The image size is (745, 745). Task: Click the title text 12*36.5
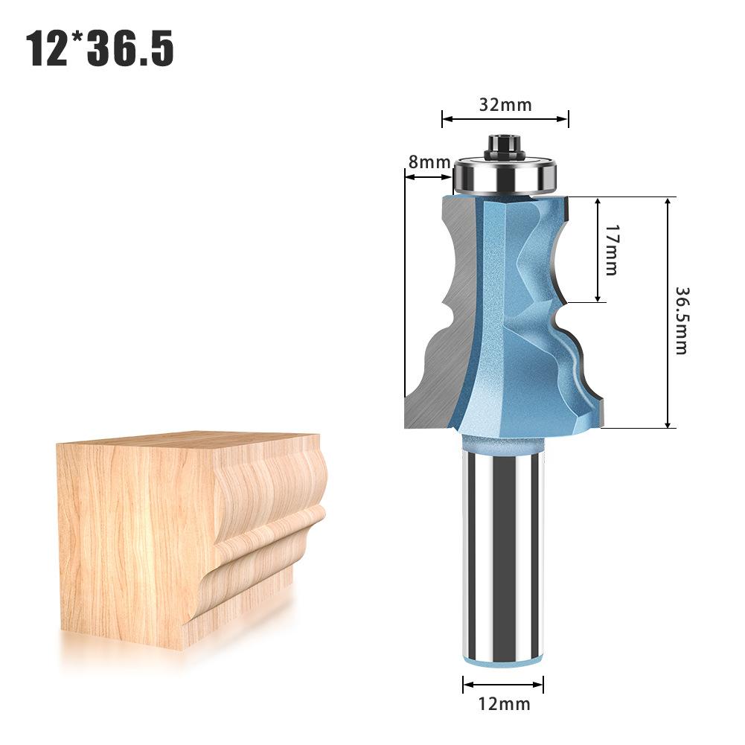pos(100,48)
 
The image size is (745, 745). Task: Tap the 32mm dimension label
pos(505,104)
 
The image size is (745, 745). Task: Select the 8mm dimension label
pos(429,162)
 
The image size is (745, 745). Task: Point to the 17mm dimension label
pos(610,250)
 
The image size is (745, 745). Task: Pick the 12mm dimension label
pos(504,703)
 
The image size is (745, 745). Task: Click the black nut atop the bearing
pos(504,145)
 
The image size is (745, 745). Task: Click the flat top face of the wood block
pos(186,441)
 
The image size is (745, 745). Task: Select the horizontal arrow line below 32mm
pos(505,118)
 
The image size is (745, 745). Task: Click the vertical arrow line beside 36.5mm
pos(668,313)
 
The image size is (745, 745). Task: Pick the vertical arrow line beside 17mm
pos(598,250)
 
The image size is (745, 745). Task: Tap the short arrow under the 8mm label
pos(429,176)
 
